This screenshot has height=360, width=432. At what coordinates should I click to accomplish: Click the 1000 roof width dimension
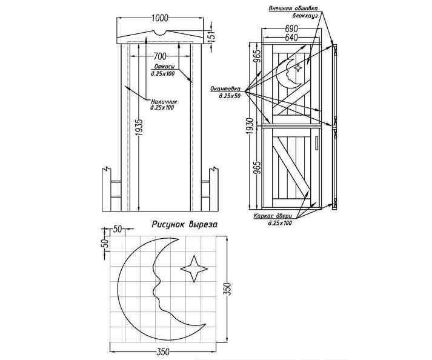point(159,18)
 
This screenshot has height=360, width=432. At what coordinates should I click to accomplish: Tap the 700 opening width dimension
point(160,56)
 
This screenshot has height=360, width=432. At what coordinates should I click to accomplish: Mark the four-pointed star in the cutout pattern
point(193,268)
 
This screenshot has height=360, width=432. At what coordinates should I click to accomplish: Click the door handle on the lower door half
point(316,142)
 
